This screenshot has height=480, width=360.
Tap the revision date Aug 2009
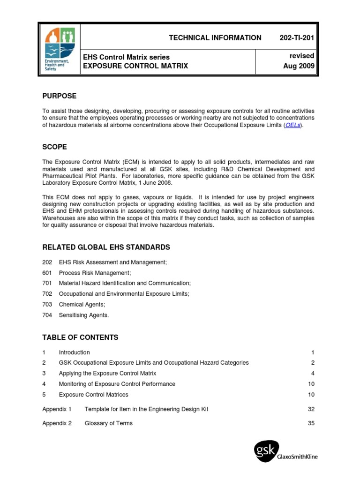299,66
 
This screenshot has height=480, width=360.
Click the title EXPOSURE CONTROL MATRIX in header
135,66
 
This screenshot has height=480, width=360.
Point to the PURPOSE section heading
59,96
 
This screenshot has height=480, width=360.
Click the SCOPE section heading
54,147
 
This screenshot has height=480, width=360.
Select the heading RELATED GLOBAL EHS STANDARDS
106,247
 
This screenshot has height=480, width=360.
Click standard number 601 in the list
47,273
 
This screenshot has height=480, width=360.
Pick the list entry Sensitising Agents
83,315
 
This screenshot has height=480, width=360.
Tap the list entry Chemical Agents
82,304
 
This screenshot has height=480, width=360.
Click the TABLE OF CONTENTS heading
80,337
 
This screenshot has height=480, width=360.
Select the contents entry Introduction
74,352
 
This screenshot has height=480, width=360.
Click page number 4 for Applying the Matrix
312,373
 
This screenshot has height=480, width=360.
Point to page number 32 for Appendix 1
311,409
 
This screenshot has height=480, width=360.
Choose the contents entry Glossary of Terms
108,423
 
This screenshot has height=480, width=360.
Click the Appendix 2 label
57,423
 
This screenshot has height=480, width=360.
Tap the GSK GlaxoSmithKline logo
285,452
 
